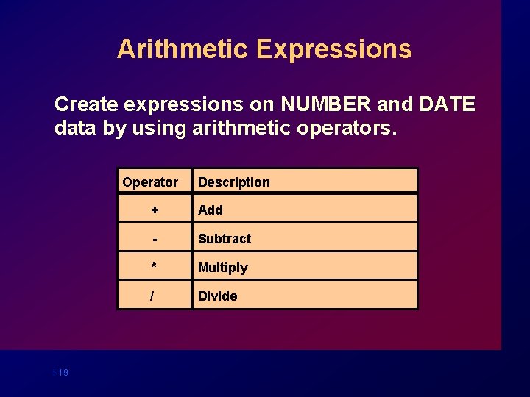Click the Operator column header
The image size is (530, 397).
tap(150, 182)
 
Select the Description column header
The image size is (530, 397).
tap(234, 182)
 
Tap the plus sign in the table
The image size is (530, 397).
tap(155, 210)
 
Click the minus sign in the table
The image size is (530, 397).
tap(155, 239)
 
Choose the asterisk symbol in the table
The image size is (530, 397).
tap(154, 267)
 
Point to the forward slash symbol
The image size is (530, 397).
tap(152, 296)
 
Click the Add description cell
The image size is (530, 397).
tap(211, 210)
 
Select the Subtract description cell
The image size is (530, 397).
tap(225, 239)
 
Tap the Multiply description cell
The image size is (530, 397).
tap(223, 268)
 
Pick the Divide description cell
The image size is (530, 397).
tap(218, 296)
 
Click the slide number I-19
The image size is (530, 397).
tap(60, 373)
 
